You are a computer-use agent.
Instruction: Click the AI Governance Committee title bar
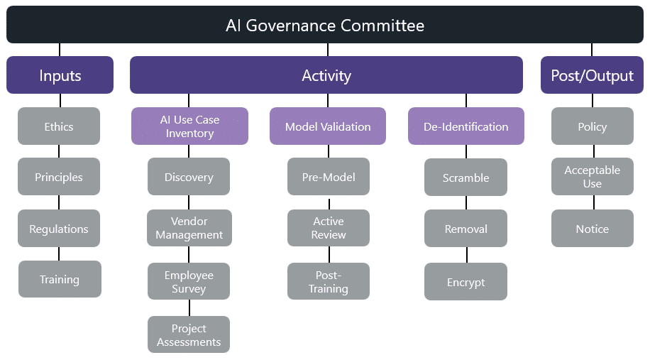[x=325, y=25]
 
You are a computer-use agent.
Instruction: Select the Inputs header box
[x=60, y=75]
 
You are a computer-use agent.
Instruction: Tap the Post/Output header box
[x=592, y=75]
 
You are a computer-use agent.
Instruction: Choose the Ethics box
[x=59, y=126]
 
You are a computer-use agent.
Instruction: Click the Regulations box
[x=59, y=229]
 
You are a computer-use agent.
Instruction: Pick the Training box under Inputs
[x=60, y=279]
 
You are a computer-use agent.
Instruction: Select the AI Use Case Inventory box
[x=190, y=126]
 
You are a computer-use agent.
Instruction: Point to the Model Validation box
[x=328, y=126]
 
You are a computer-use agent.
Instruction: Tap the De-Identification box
[x=466, y=126]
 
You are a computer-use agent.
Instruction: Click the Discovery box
[x=189, y=177]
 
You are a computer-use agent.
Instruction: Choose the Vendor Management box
[x=189, y=228]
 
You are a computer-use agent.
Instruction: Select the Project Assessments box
[x=189, y=334]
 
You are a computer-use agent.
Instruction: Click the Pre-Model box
[x=329, y=177]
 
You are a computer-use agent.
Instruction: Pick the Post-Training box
[x=329, y=281]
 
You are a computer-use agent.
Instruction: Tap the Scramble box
[x=466, y=177]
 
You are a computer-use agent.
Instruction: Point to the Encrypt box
[x=466, y=282]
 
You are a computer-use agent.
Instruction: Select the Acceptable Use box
[x=593, y=176]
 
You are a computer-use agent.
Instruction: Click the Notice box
[x=593, y=229]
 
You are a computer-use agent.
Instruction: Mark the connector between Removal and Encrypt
[x=467, y=255]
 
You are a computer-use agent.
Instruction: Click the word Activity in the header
[x=326, y=75]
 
